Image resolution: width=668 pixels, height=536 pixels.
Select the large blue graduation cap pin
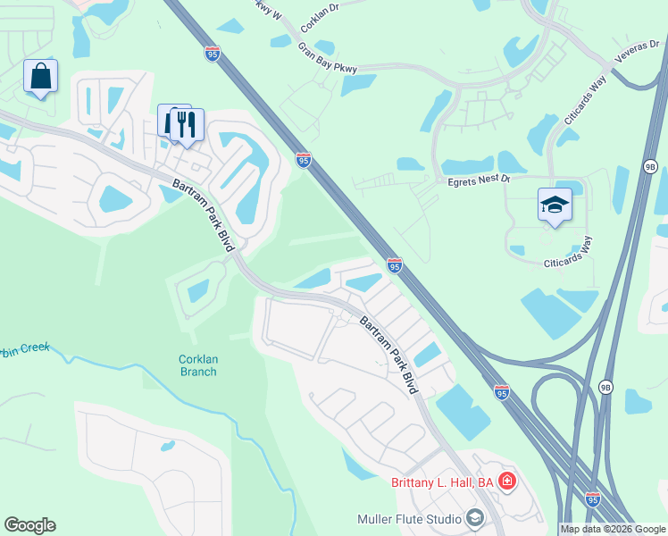(x=555, y=205)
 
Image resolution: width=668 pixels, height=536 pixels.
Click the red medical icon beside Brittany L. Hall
(x=507, y=482)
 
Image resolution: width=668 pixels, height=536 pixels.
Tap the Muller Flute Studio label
(x=409, y=519)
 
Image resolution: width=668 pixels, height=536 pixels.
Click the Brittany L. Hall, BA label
(x=443, y=482)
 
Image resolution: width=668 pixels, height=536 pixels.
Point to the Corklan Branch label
(x=198, y=365)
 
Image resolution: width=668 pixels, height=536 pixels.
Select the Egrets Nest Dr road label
(x=478, y=180)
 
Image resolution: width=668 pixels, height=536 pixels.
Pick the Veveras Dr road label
(x=637, y=56)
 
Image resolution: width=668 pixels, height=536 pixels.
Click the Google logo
(x=29, y=525)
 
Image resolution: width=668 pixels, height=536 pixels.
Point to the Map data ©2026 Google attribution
(x=614, y=529)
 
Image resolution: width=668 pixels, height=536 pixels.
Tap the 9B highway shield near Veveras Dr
(x=650, y=166)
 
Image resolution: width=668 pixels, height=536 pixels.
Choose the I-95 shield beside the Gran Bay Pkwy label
(x=212, y=54)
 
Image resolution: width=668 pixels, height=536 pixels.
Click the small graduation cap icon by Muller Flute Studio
(x=474, y=518)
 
